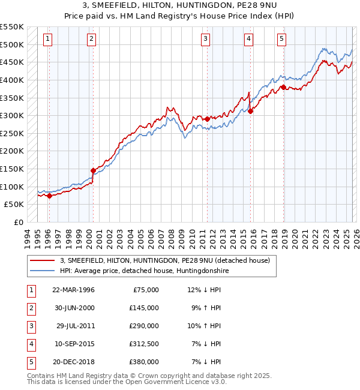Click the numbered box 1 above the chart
click(x=47, y=40)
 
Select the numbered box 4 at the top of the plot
click(x=248, y=40)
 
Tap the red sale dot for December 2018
click(x=283, y=87)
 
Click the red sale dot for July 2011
click(x=207, y=119)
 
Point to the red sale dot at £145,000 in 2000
click(x=93, y=170)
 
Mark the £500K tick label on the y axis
click(x=12, y=45)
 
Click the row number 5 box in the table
click(x=30, y=362)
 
